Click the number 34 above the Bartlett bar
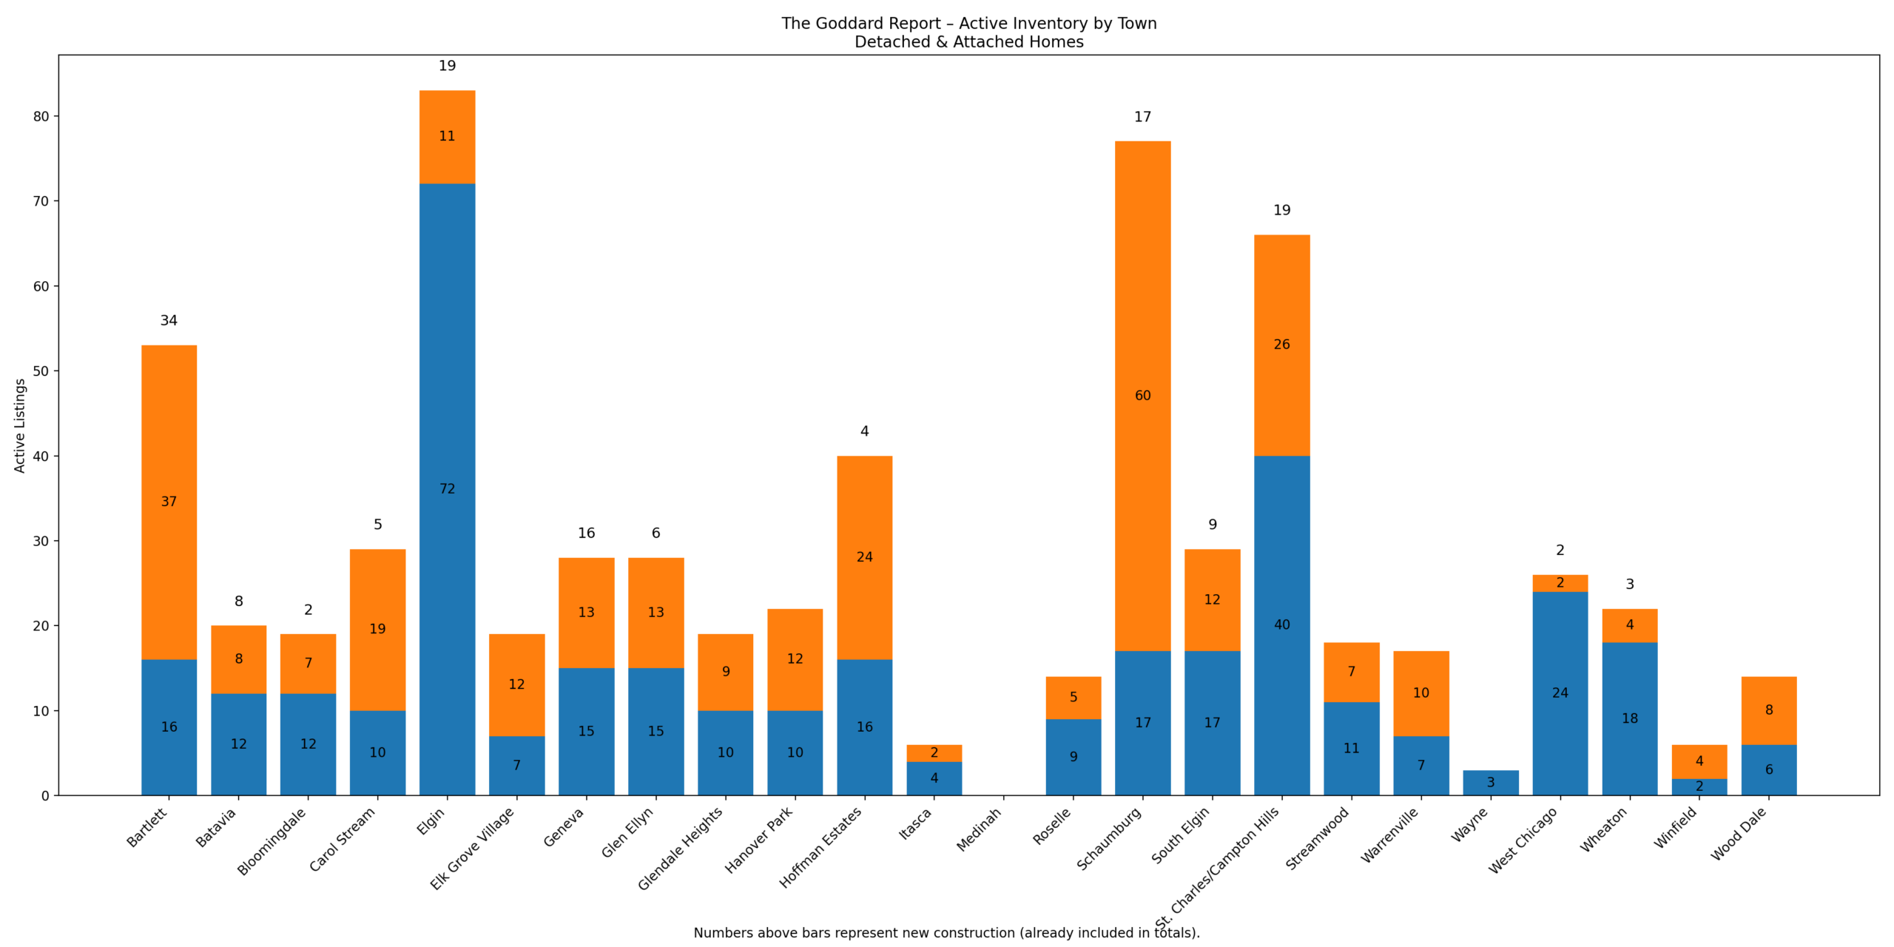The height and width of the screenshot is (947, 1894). [x=169, y=320]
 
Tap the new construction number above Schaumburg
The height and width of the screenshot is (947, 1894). [x=1142, y=117]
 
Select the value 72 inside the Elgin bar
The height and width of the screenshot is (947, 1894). [x=447, y=489]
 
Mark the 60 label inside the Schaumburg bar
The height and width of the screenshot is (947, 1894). [x=1142, y=396]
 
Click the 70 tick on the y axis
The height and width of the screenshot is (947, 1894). [x=41, y=201]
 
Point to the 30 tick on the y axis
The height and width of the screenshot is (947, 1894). [x=41, y=541]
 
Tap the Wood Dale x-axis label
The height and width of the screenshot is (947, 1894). [x=1739, y=833]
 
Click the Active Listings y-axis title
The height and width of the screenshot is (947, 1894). [x=20, y=425]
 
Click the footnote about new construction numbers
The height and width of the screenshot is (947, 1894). [x=946, y=933]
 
